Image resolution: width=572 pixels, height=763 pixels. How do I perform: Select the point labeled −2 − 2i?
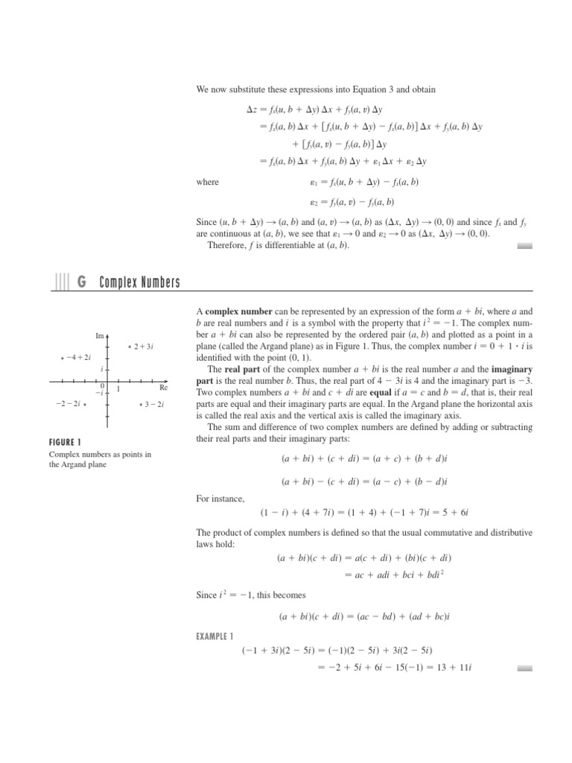(x=86, y=404)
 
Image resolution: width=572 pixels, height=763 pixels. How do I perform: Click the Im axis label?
(x=100, y=335)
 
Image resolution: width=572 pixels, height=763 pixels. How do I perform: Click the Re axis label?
(x=164, y=387)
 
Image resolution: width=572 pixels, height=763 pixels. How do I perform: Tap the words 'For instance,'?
(x=214, y=498)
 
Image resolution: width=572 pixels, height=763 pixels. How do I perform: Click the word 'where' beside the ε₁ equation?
(x=208, y=181)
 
